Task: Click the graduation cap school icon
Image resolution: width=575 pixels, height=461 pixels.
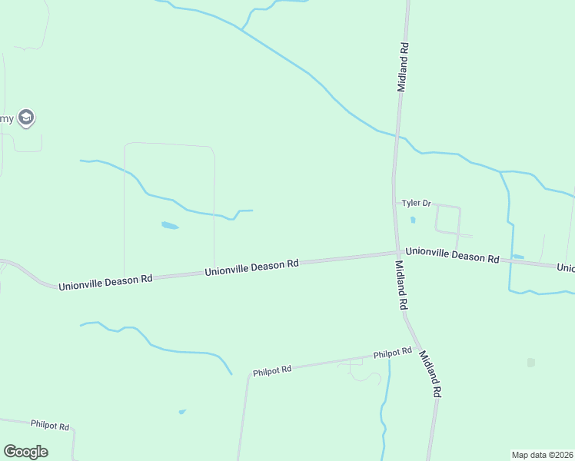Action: (26, 118)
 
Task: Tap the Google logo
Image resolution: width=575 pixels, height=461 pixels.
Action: (25, 452)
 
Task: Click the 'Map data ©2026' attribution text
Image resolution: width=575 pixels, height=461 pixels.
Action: (542, 455)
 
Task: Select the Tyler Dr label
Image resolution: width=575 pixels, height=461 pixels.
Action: (417, 203)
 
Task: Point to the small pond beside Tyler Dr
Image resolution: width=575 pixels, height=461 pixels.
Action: (413, 221)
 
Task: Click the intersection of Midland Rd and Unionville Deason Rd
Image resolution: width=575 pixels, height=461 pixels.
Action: (397, 253)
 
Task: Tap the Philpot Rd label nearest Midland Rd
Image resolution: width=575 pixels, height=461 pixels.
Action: (393, 353)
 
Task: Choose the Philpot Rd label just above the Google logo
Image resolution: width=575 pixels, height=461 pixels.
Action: (50, 425)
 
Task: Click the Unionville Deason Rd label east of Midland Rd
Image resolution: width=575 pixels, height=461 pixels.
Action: (452, 254)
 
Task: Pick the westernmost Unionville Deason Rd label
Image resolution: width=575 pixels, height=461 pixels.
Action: (106, 280)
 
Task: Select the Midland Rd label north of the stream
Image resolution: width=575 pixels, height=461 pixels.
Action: (403, 67)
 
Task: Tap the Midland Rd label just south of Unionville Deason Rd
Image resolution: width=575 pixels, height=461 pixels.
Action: (401, 284)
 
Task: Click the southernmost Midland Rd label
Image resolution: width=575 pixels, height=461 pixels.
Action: (429, 373)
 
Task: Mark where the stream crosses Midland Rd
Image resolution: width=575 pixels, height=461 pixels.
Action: (397, 137)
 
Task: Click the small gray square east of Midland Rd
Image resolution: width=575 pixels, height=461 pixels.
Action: (530, 363)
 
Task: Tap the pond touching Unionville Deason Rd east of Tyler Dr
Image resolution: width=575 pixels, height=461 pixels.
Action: (518, 257)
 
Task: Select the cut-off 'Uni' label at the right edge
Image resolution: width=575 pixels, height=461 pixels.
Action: (566, 268)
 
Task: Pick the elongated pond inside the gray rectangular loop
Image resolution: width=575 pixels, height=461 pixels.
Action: (170, 226)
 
